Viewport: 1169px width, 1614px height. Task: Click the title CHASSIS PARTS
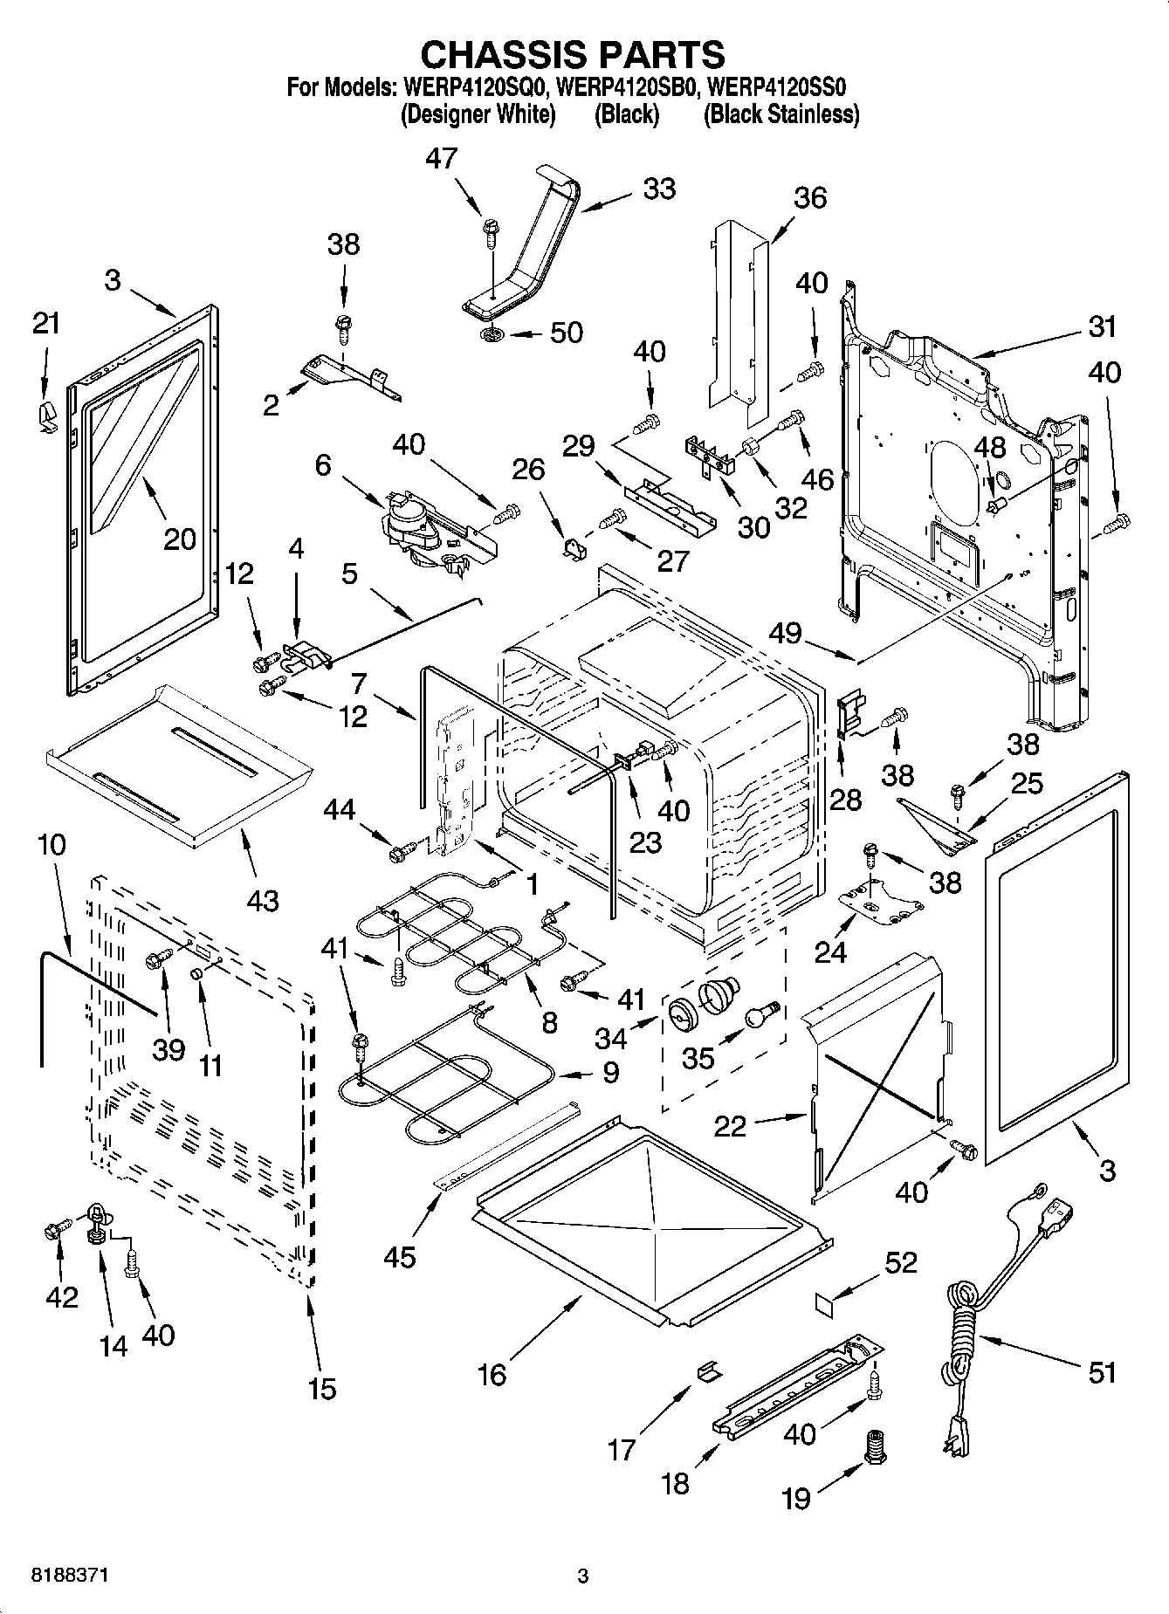[x=572, y=54]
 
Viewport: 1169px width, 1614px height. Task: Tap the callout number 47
[x=442, y=158]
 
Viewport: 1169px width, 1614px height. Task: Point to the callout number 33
[x=659, y=189]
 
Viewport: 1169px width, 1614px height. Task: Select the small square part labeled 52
[x=825, y=1304]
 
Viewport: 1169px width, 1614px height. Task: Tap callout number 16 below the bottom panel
[x=492, y=1375]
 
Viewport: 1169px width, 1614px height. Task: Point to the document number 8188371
[x=71, y=1576]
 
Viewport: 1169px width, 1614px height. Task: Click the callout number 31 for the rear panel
[x=1103, y=327]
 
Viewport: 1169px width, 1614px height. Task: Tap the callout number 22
[x=730, y=1126]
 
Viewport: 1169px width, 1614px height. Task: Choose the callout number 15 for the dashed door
[x=322, y=1389]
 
